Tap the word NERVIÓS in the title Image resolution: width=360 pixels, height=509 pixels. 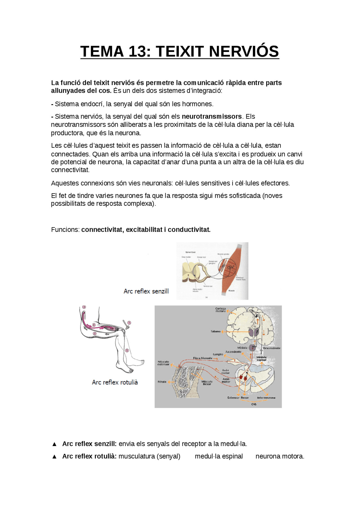tap(244, 52)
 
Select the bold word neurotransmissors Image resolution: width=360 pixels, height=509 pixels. tap(211, 116)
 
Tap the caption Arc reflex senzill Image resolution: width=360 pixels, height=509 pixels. tap(146, 291)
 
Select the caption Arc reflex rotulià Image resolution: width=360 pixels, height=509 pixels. tap(115, 382)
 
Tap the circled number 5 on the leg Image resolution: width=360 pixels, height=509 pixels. tap(127, 350)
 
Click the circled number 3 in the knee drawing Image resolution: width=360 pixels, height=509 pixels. tap(84, 307)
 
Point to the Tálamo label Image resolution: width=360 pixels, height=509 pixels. tap(216, 331)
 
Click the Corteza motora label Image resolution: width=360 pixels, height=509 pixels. tap(220, 310)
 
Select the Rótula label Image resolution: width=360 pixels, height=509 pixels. tap(162, 382)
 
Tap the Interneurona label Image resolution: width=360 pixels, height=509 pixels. tap(266, 398)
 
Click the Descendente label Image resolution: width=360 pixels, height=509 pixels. tap(271, 348)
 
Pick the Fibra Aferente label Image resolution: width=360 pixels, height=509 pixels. tap(202, 358)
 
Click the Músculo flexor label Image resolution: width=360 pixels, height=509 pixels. tap(207, 383)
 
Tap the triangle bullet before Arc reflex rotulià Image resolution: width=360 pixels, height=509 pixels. tap(55, 456)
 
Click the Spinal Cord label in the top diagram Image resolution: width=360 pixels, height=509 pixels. tap(190, 252)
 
